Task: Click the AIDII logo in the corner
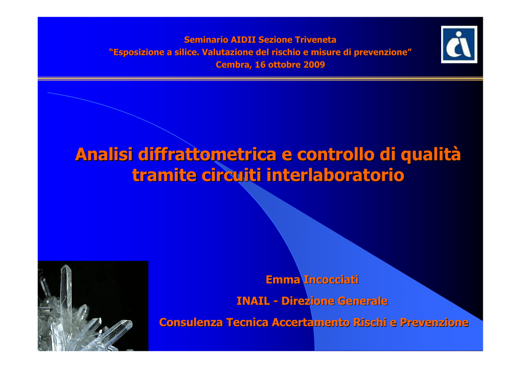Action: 459,44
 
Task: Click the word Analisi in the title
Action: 104,155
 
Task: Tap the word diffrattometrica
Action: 207,155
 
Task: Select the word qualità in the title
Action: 430,155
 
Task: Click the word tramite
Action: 164,175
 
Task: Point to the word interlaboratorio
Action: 335,175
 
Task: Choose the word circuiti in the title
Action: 231,175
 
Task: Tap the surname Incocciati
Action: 331,280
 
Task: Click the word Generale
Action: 362,301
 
